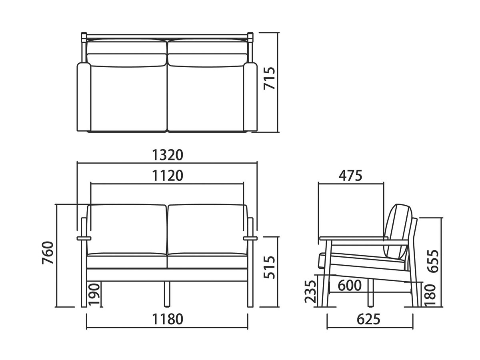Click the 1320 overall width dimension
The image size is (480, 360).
click(x=168, y=155)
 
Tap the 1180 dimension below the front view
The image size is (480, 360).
click(x=168, y=319)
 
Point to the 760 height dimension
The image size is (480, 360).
click(x=48, y=253)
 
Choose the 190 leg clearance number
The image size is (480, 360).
click(x=94, y=294)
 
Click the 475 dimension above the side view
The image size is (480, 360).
click(x=350, y=175)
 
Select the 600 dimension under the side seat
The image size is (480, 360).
click(x=350, y=286)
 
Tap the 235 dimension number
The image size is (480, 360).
click(x=310, y=291)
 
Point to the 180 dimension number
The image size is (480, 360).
click(x=430, y=295)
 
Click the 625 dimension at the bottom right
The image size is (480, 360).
click(x=368, y=319)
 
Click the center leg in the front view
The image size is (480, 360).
click(x=167, y=294)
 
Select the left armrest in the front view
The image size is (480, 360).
click(x=84, y=238)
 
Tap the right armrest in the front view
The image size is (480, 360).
click(x=250, y=238)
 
